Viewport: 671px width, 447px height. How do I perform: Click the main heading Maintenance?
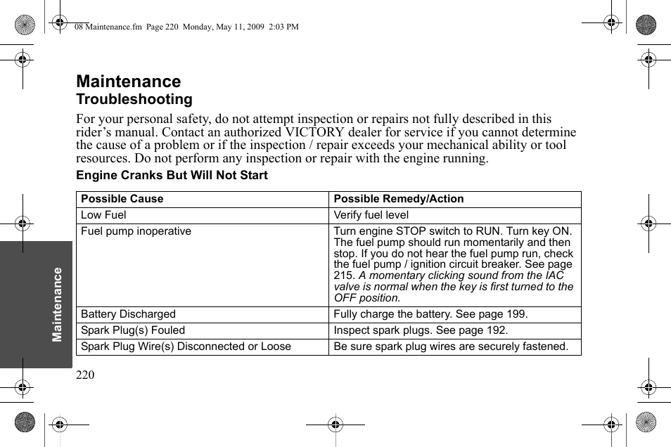click(x=128, y=82)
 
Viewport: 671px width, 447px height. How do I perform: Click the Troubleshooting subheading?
click(x=134, y=99)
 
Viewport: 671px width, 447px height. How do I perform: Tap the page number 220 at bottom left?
click(x=85, y=375)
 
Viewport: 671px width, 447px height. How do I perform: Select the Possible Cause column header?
click(x=122, y=199)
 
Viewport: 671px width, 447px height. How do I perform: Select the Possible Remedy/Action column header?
click(x=398, y=199)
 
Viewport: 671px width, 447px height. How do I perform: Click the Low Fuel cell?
click(x=103, y=215)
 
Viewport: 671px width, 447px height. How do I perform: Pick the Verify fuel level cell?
click(x=371, y=215)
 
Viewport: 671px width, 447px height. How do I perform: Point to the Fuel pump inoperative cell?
click(x=136, y=231)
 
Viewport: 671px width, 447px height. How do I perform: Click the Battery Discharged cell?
click(x=128, y=314)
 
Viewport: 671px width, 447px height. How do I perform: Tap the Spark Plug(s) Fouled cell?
click(x=133, y=330)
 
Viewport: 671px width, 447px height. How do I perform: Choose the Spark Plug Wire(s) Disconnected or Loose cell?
click(x=186, y=346)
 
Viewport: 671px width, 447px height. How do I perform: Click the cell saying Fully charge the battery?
click(x=430, y=314)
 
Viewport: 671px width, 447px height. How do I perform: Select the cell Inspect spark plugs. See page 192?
click(x=421, y=330)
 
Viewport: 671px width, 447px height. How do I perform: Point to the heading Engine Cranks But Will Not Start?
click(x=172, y=175)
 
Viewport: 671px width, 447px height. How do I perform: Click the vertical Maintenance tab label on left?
click(x=58, y=304)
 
